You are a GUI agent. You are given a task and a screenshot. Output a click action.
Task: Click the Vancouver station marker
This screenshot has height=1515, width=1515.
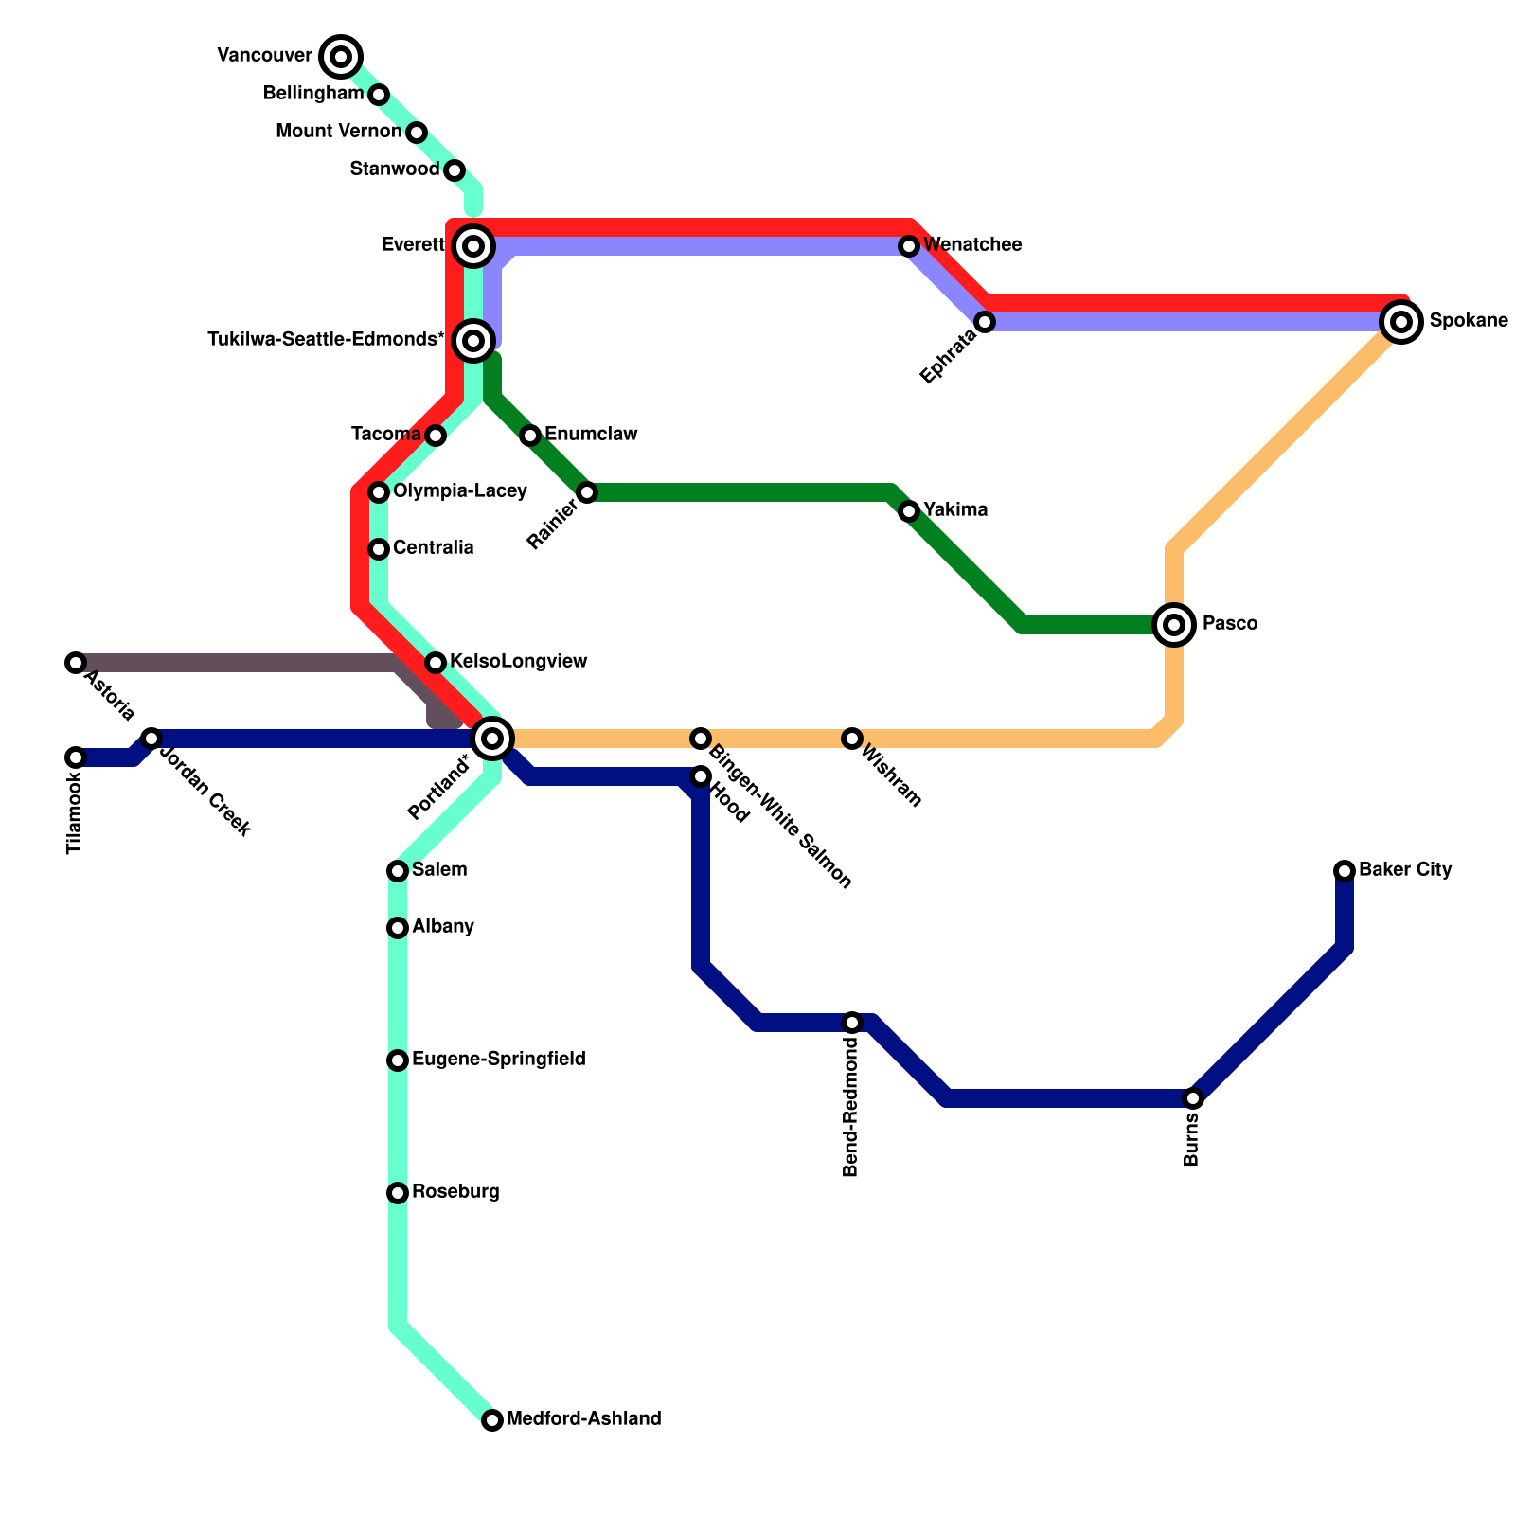(341, 57)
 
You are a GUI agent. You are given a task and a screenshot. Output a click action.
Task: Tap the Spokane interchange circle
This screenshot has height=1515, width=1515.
(1401, 322)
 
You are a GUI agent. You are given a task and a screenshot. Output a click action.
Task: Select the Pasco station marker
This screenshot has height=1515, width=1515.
(1174, 625)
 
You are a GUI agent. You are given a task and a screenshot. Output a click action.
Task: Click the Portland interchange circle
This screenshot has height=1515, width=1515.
(492, 739)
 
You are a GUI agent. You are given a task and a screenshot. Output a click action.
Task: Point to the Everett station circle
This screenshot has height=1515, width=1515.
(473, 246)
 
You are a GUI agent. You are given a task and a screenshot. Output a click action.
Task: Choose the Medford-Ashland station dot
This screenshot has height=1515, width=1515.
(492, 1420)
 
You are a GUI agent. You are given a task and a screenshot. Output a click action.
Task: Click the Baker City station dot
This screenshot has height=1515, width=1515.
(1345, 871)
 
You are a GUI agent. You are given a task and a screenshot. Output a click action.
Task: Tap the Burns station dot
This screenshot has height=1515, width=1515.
(1193, 1098)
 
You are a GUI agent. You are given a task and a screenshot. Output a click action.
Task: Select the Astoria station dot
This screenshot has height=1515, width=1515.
(76, 663)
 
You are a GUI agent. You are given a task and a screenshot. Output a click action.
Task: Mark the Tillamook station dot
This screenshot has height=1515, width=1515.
(76, 757)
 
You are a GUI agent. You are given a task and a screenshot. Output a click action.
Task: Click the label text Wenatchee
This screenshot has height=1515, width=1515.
(972, 245)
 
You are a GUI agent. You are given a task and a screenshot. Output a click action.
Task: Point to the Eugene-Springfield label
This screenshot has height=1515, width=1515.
(498, 1060)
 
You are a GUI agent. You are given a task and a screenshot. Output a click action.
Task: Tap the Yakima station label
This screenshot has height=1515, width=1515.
(955, 510)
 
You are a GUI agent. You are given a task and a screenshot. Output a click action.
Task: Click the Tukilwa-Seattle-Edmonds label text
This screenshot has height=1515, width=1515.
(326, 340)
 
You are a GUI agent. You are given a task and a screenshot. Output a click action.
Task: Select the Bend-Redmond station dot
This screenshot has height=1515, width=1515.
(852, 1023)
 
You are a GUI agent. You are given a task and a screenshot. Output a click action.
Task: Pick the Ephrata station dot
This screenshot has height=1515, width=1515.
(985, 322)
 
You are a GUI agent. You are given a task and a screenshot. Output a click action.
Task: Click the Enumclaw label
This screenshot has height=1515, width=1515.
(591, 435)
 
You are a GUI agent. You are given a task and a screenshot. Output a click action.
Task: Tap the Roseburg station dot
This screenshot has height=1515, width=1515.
(398, 1193)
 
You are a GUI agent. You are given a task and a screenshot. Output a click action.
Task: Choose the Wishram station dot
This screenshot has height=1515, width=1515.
(852, 739)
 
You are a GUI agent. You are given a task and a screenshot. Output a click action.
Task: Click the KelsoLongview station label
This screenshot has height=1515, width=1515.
(518, 662)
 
